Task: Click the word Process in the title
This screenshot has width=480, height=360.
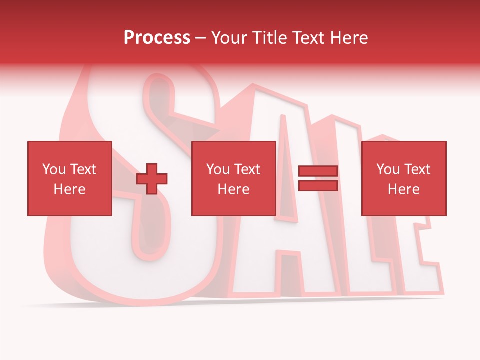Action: click(157, 38)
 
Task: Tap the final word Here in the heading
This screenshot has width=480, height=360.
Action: click(349, 38)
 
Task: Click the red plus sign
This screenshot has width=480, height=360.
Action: click(152, 179)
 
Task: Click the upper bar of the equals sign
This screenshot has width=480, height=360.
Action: click(318, 171)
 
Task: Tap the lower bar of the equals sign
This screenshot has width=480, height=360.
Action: click(318, 185)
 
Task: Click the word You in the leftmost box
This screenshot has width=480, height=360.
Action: click(54, 169)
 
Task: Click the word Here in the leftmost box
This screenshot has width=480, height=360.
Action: click(69, 189)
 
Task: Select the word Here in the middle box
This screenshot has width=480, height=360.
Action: click(233, 189)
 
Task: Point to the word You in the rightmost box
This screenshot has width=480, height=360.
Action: click(388, 169)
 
